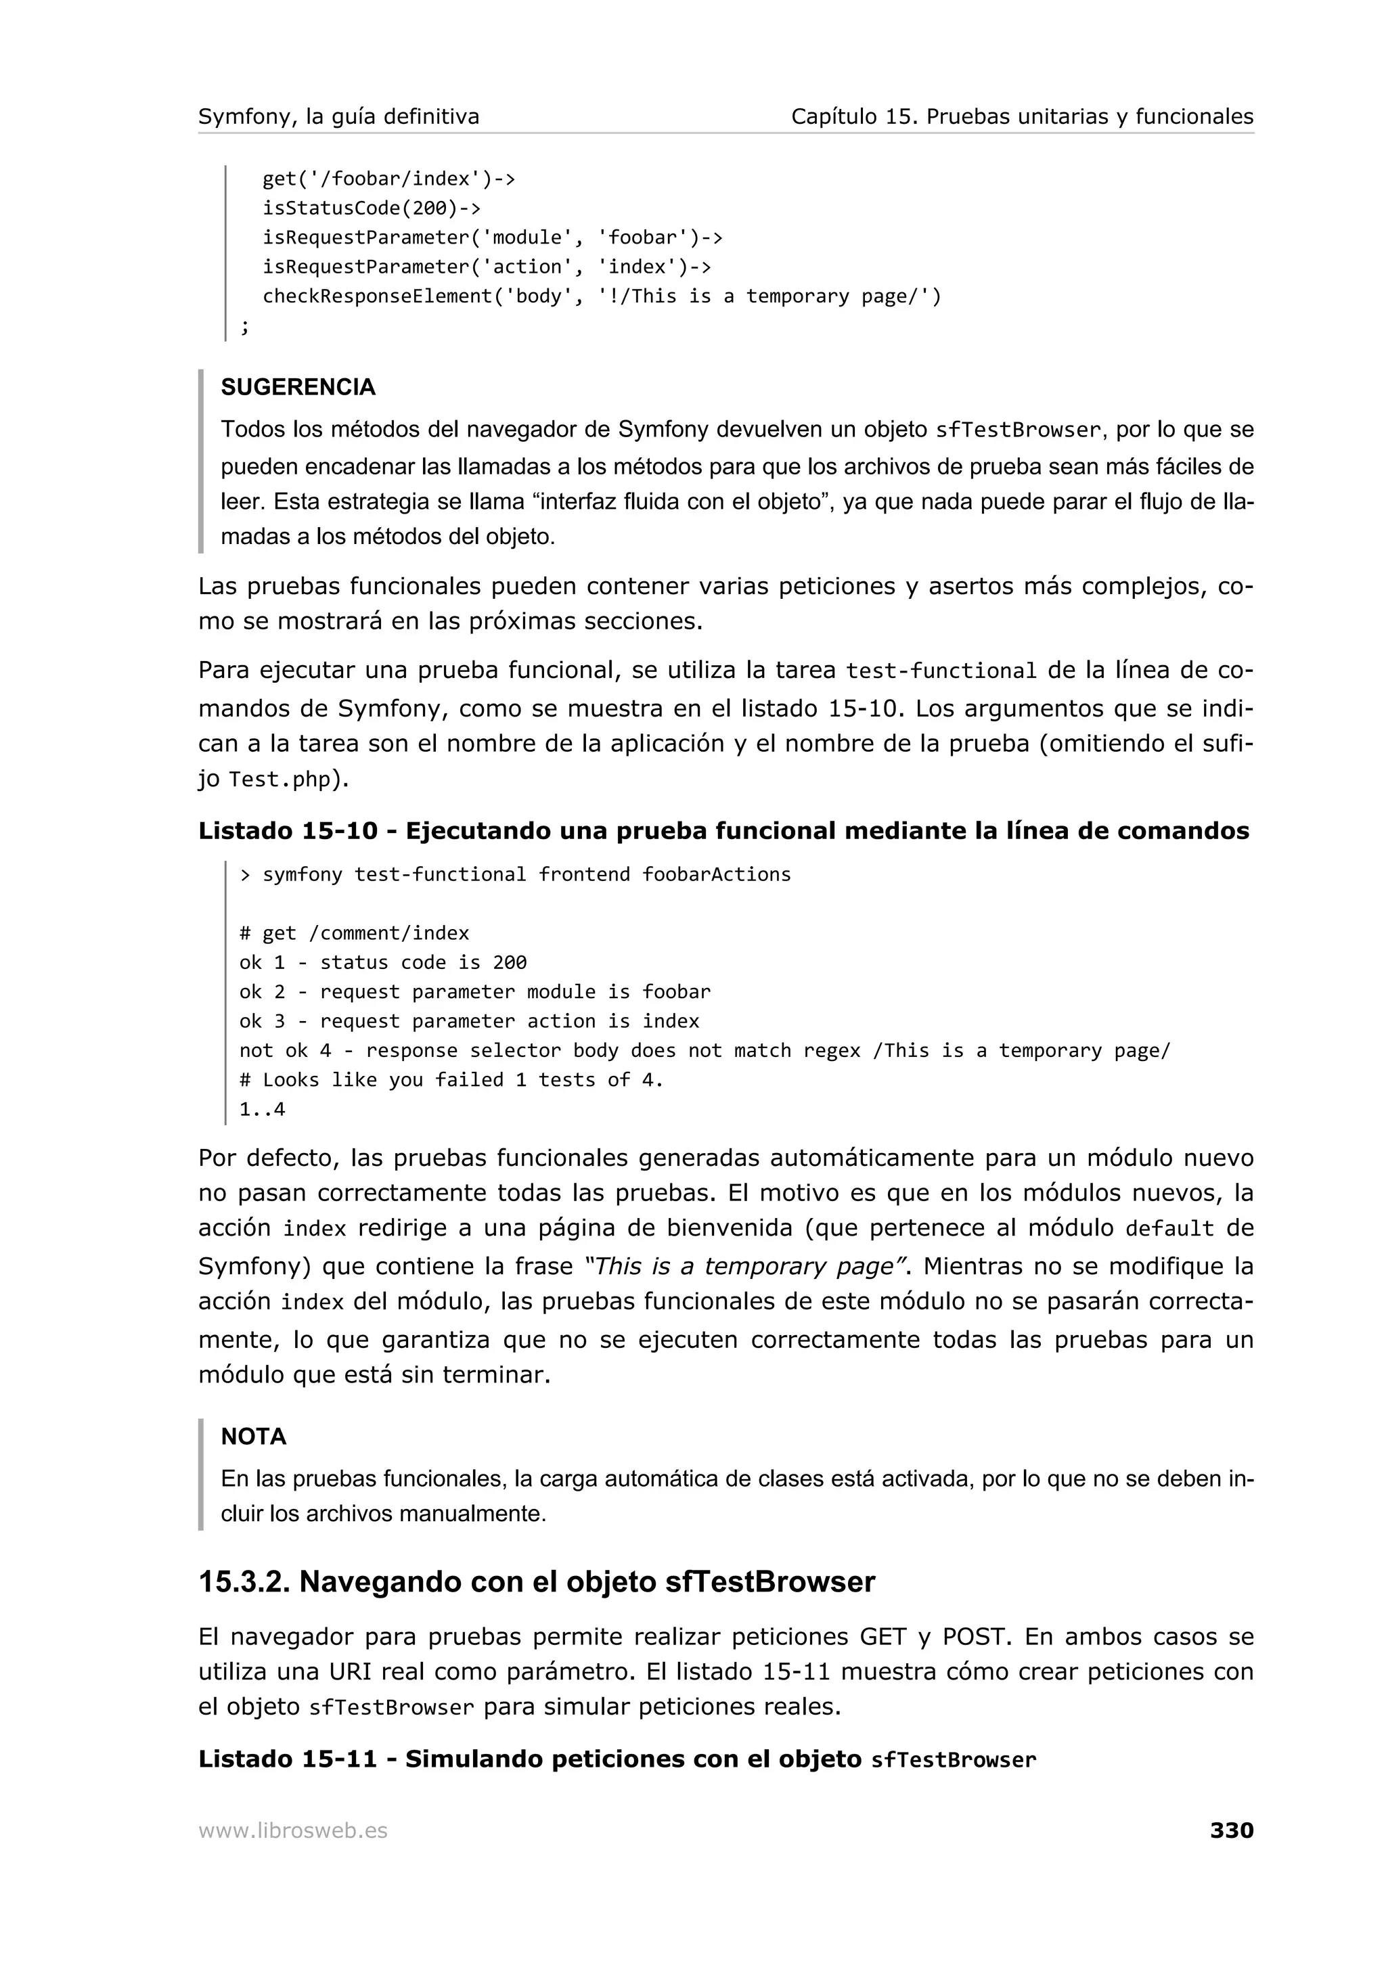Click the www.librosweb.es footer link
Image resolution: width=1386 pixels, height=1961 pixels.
pyautogui.click(x=292, y=1830)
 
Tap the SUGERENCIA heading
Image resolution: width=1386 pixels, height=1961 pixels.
pyautogui.click(x=298, y=387)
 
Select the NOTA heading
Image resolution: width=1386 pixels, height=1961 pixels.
pyautogui.click(x=254, y=1437)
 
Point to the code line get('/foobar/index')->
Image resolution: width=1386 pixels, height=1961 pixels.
pyautogui.click(x=388, y=179)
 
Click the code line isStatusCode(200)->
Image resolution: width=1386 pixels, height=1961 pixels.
pyautogui.click(x=372, y=208)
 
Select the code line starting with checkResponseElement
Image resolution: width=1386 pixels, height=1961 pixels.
pyautogui.click(x=601, y=296)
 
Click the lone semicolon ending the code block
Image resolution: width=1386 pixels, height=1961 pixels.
pyautogui.click(x=245, y=325)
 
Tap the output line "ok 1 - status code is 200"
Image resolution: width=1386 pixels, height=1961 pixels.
pyautogui.click(x=382, y=962)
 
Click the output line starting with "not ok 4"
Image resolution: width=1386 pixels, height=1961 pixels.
pyautogui.click(x=705, y=1050)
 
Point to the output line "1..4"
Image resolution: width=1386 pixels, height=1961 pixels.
pyautogui.click(x=262, y=1110)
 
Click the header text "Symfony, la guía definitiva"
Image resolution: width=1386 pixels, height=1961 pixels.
pyautogui.click(x=338, y=116)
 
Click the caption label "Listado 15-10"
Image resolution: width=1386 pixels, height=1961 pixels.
pyautogui.click(x=288, y=830)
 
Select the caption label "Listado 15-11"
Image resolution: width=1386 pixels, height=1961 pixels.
pyautogui.click(x=288, y=1759)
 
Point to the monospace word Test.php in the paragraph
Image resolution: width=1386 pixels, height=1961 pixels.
pyautogui.click(x=280, y=780)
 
